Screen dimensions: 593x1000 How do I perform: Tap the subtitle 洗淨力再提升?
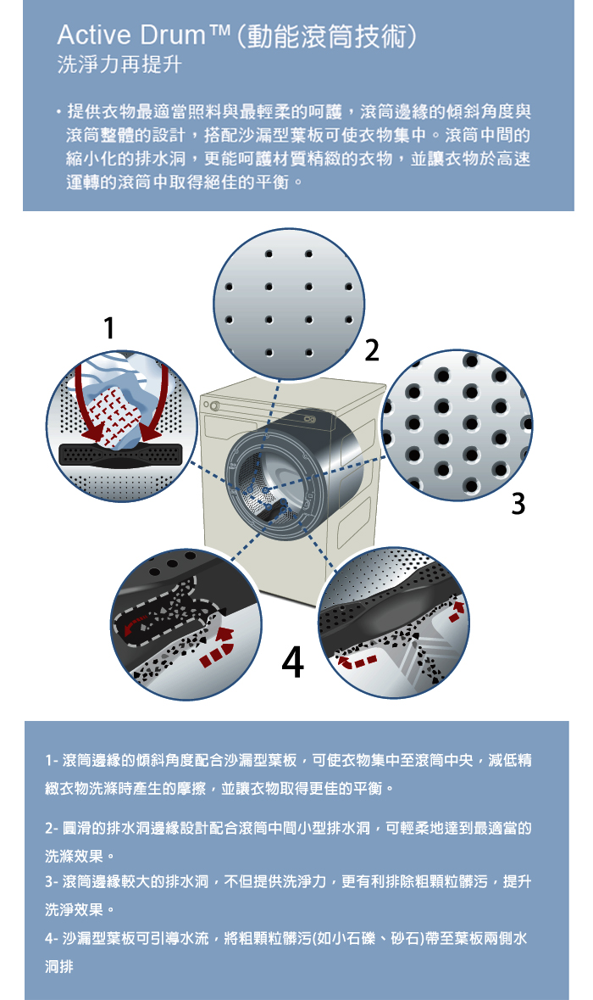coord(119,65)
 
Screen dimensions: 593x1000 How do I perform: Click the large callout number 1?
coord(109,328)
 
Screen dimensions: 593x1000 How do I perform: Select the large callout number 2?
coord(371,350)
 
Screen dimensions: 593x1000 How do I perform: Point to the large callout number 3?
coord(518,503)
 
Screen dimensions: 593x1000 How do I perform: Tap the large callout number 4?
coord(292,662)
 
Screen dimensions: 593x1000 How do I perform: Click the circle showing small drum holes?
coord(289,304)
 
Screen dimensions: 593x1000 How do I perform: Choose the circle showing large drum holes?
coord(457,425)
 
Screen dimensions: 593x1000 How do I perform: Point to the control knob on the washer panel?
coord(214,405)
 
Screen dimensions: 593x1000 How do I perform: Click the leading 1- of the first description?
coord(52,760)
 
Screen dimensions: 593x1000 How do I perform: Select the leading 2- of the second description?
coord(52,829)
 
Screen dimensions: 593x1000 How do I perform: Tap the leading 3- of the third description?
coord(52,882)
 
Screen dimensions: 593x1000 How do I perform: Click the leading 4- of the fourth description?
coord(52,939)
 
